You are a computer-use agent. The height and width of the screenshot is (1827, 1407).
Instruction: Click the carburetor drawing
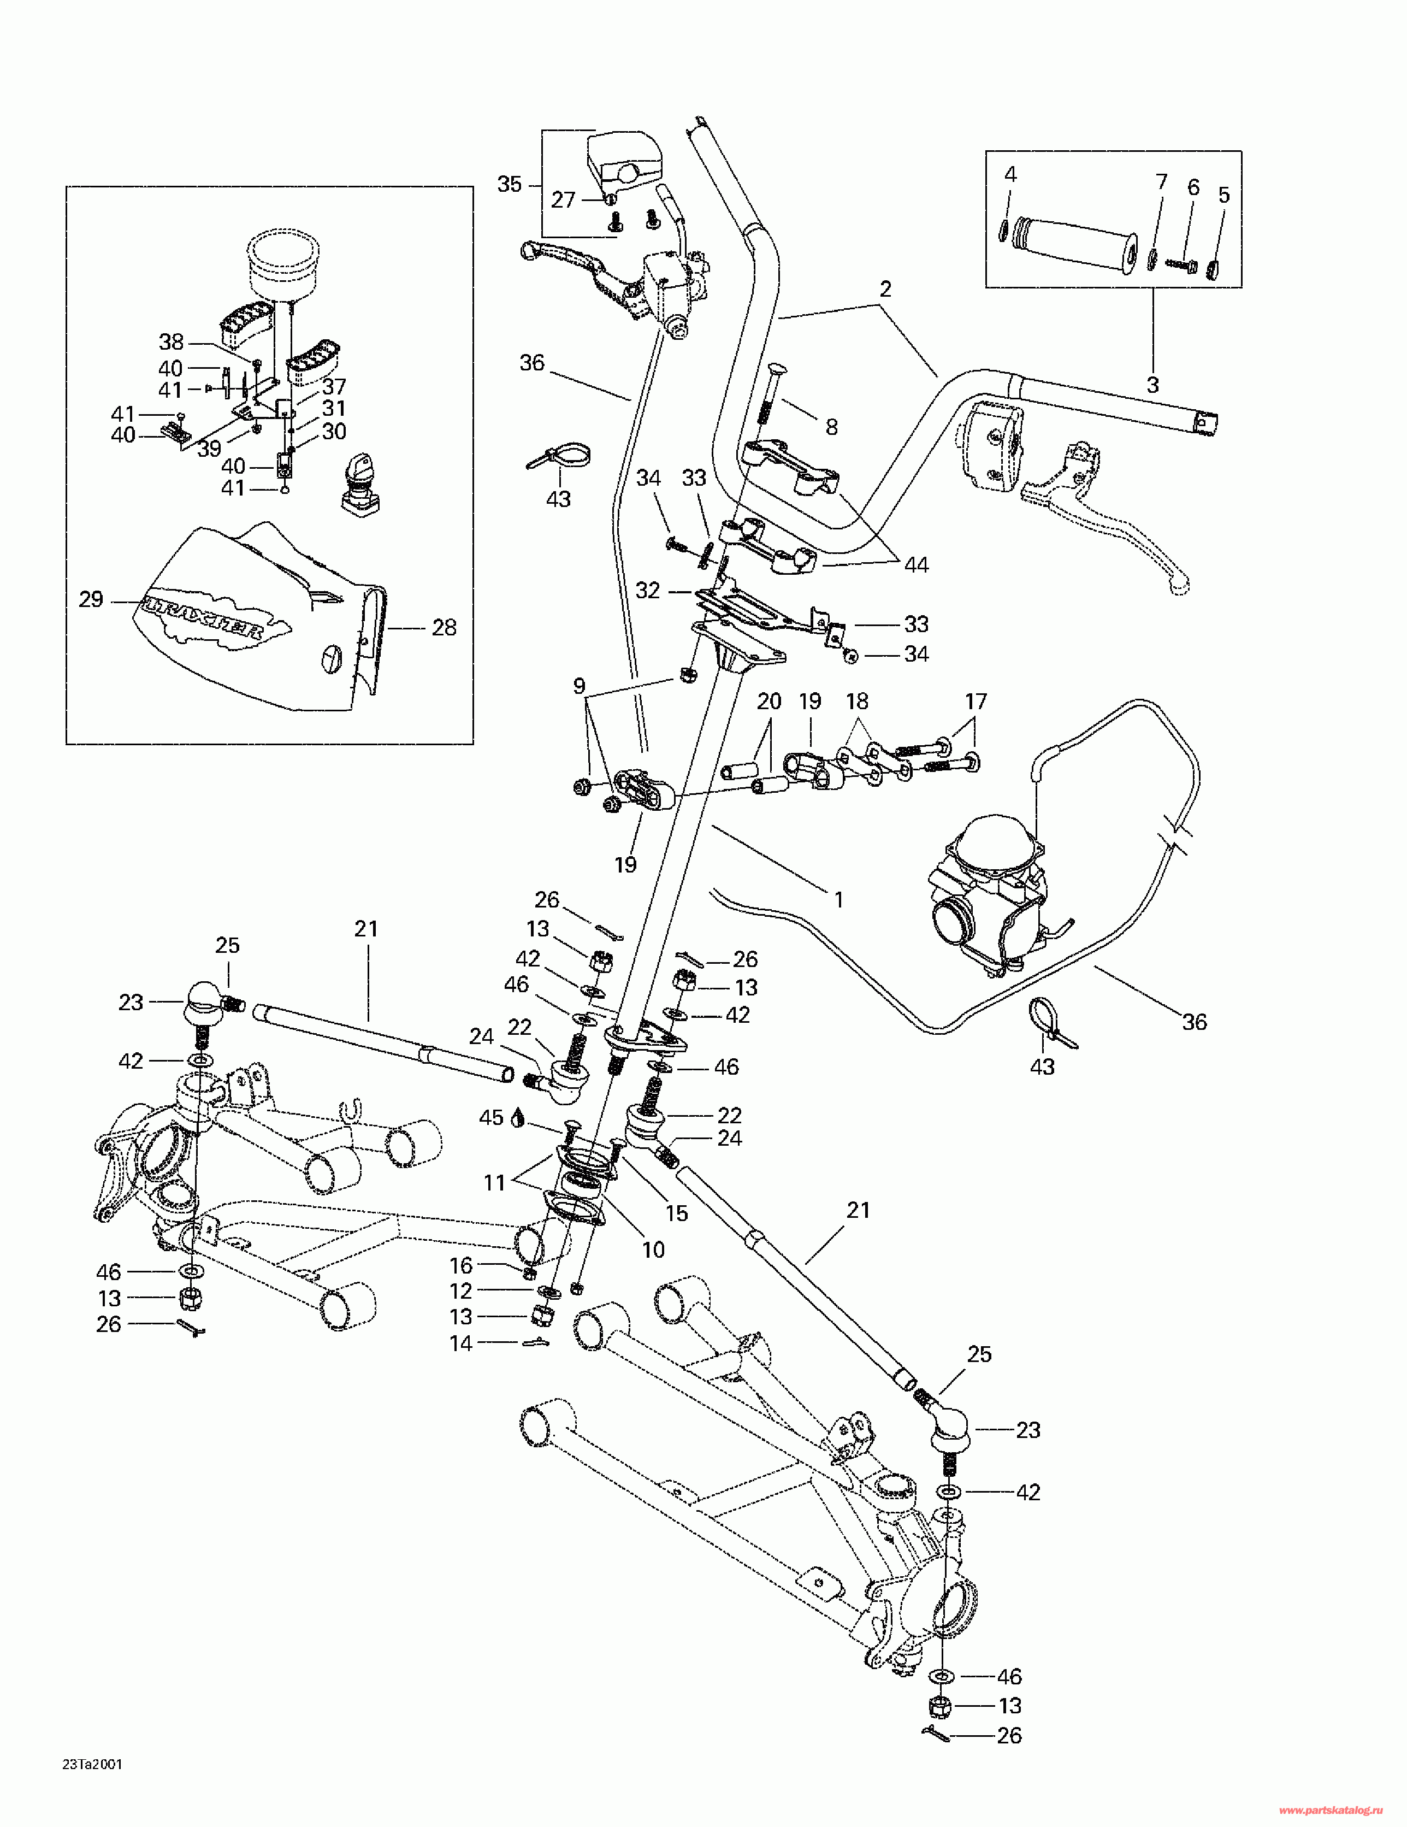pyautogui.click(x=991, y=895)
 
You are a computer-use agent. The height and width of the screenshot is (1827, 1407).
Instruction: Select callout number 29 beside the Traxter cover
pyautogui.click(x=91, y=599)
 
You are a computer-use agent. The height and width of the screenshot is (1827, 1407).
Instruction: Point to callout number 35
pyautogui.click(x=510, y=184)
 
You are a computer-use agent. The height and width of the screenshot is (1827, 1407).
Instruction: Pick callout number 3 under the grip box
pyautogui.click(x=1152, y=385)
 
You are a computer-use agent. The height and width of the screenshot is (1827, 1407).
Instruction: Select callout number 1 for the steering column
pyautogui.click(x=838, y=900)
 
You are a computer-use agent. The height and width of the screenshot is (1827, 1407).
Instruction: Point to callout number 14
pyautogui.click(x=461, y=1343)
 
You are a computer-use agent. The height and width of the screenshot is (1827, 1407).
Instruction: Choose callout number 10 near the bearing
pyautogui.click(x=653, y=1250)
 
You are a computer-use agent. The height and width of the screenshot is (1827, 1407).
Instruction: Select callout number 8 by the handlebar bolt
pyautogui.click(x=831, y=427)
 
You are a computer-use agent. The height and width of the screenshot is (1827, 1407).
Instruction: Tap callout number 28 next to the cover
pyautogui.click(x=444, y=627)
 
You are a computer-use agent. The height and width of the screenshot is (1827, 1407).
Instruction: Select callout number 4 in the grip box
pyautogui.click(x=1010, y=175)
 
